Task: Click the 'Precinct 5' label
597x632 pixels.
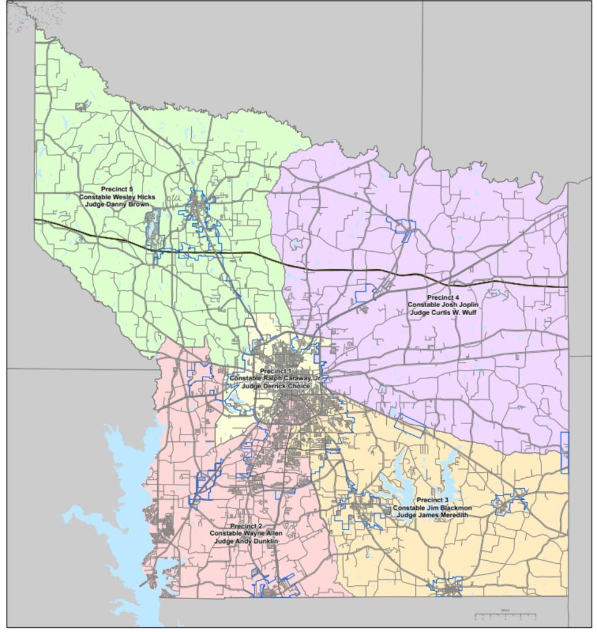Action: click(x=117, y=190)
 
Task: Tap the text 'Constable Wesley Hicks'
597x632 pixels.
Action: click(x=117, y=197)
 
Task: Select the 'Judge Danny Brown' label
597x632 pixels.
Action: click(x=117, y=204)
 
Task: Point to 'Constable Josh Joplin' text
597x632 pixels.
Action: click(x=443, y=305)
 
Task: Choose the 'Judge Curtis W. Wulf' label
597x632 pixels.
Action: click(x=443, y=312)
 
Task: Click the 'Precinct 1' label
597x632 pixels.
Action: click(x=276, y=371)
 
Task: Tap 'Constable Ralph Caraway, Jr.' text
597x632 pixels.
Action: click(x=276, y=378)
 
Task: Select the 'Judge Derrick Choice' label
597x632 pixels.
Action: click(x=276, y=386)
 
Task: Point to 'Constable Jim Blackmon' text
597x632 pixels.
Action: click(x=433, y=508)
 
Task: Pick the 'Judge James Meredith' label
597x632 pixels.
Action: click(x=433, y=515)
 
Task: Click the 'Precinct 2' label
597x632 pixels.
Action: click(x=247, y=526)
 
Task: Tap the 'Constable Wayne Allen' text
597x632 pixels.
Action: click(x=247, y=533)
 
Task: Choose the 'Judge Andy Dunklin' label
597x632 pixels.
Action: click(x=247, y=541)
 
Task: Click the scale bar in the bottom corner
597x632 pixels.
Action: click(x=506, y=616)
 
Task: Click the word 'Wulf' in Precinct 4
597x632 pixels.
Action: click(x=468, y=312)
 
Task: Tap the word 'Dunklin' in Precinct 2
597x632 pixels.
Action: click(x=265, y=541)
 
